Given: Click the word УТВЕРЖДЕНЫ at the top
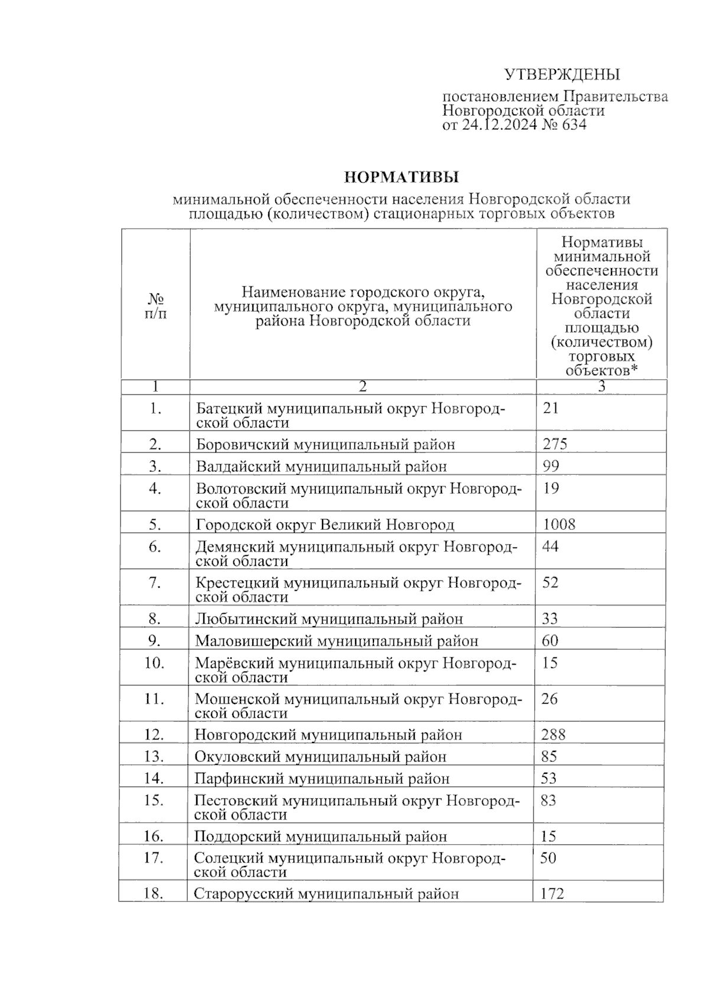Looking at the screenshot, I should [562, 74].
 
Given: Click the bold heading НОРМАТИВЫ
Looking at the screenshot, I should [402, 177].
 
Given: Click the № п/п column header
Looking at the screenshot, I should [155, 305].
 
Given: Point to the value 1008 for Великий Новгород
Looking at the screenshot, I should [559, 525].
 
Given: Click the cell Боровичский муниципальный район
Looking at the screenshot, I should [326, 444].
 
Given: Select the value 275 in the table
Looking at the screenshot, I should [555, 444].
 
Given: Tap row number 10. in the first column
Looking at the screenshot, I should [154, 663].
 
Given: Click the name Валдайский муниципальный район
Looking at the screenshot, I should [321, 467].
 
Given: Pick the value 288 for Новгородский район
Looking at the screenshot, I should [553, 735].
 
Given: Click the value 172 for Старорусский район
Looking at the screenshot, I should [552, 894].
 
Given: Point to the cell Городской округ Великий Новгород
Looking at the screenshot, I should [325, 525].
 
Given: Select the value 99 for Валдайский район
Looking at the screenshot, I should [551, 467].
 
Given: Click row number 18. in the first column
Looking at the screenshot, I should [153, 894].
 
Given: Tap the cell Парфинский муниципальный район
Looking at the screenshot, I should [322, 779].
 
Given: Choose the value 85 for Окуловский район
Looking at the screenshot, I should [549, 757].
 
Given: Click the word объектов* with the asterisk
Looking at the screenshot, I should [602, 371].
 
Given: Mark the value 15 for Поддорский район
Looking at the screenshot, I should [549, 836].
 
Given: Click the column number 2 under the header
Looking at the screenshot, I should [363, 387].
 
